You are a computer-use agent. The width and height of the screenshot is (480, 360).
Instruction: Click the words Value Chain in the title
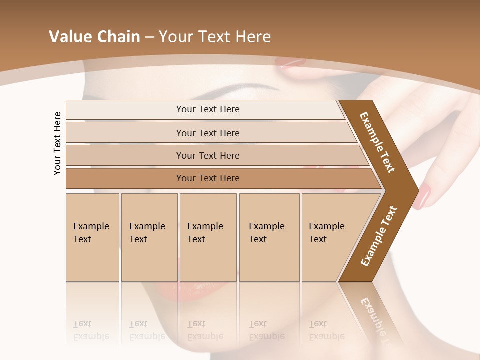click(x=94, y=36)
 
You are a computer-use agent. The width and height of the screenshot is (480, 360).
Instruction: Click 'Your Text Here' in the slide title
click(x=215, y=36)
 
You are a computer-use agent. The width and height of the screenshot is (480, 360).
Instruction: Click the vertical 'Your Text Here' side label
click(x=57, y=143)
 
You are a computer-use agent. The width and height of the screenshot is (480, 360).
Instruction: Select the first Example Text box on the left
click(x=92, y=237)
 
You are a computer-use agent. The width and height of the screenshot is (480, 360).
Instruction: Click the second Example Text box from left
click(x=149, y=237)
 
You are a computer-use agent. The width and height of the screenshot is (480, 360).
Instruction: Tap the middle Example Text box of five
click(x=208, y=237)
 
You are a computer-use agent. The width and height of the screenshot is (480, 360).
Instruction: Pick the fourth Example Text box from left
click(x=269, y=237)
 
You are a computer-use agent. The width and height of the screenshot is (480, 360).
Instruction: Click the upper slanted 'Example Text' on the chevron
click(x=377, y=142)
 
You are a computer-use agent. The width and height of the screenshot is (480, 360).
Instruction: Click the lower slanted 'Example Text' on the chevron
click(x=379, y=236)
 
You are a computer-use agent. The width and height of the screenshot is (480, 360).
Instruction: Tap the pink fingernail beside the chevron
click(x=424, y=196)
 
